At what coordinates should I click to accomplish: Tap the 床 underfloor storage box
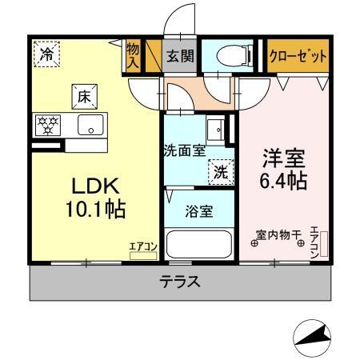(82, 96)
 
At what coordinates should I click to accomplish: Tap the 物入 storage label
(133, 57)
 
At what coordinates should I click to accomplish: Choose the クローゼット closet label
(298, 56)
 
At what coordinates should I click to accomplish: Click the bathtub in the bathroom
(199, 245)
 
